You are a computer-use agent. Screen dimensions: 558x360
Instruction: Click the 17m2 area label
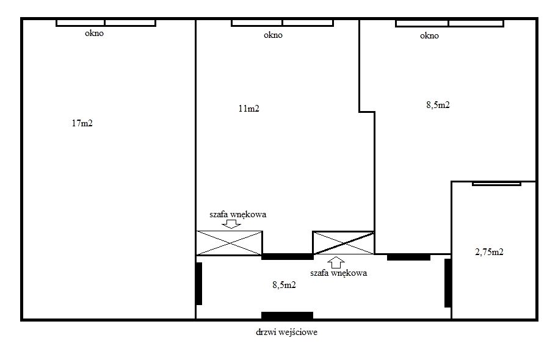(x=82, y=123)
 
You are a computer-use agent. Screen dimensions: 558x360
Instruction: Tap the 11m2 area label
(x=248, y=109)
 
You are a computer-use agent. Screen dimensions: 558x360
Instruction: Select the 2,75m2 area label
(x=489, y=252)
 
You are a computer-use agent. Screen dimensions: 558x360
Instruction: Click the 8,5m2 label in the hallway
(x=284, y=285)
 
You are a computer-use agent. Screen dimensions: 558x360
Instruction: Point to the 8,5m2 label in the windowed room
(x=438, y=105)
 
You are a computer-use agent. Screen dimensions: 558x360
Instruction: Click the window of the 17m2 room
(x=106, y=23)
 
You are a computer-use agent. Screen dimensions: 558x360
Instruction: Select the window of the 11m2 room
(x=282, y=23)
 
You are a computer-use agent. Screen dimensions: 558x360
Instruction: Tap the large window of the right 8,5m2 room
(x=449, y=23)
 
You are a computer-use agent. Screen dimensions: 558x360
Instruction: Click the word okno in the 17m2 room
(x=94, y=34)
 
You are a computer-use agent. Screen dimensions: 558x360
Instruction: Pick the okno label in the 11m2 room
(x=274, y=35)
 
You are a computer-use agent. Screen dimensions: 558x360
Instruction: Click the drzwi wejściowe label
(x=287, y=333)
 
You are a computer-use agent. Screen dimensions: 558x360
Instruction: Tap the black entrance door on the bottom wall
(x=287, y=315)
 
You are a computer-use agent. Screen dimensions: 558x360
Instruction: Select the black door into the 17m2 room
(x=199, y=284)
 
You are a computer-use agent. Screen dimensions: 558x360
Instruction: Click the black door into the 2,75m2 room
(x=447, y=283)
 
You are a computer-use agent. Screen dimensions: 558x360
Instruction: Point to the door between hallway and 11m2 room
(x=287, y=256)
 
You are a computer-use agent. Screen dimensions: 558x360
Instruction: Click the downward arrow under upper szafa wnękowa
(x=231, y=224)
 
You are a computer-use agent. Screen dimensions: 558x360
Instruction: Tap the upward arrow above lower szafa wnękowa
(x=336, y=262)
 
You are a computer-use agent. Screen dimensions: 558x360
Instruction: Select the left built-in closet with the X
(x=229, y=243)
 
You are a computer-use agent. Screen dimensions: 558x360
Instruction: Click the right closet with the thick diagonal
(x=344, y=243)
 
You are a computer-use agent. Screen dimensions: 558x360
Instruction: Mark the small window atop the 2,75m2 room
(x=496, y=184)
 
